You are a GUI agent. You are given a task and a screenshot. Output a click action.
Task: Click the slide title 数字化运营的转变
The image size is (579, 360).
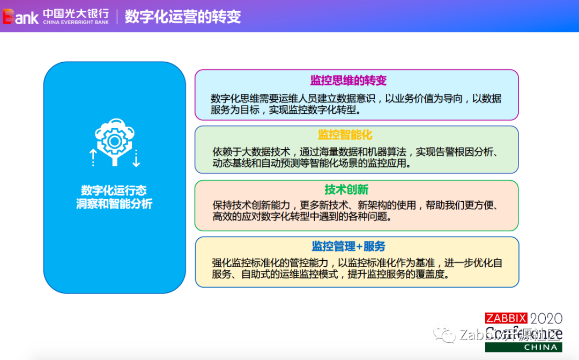click(x=183, y=16)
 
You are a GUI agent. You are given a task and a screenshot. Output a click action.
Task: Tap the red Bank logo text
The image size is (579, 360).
click(x=20, y=17)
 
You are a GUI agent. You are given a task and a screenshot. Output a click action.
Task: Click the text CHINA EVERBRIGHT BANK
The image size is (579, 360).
click(x=76, y=23)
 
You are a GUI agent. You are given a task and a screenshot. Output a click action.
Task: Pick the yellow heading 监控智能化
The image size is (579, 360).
click(x=345, y=134)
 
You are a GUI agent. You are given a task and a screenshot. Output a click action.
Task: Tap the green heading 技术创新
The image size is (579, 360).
click(x=346, y=190)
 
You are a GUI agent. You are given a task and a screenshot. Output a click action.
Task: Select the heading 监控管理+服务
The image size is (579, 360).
click(x=348, y=246)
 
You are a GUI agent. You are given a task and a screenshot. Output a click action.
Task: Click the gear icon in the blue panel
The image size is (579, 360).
click(x=114, y=141)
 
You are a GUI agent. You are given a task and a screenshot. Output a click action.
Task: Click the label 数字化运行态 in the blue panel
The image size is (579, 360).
click(x=114, y=190)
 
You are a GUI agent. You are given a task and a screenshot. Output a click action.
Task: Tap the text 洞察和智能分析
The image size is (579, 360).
click(x=114, y=204)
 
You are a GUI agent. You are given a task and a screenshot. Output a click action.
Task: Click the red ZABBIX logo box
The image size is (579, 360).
click(x=506, y=318)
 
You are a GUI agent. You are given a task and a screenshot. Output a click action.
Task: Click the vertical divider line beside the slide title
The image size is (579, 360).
click(x=117, y=16)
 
